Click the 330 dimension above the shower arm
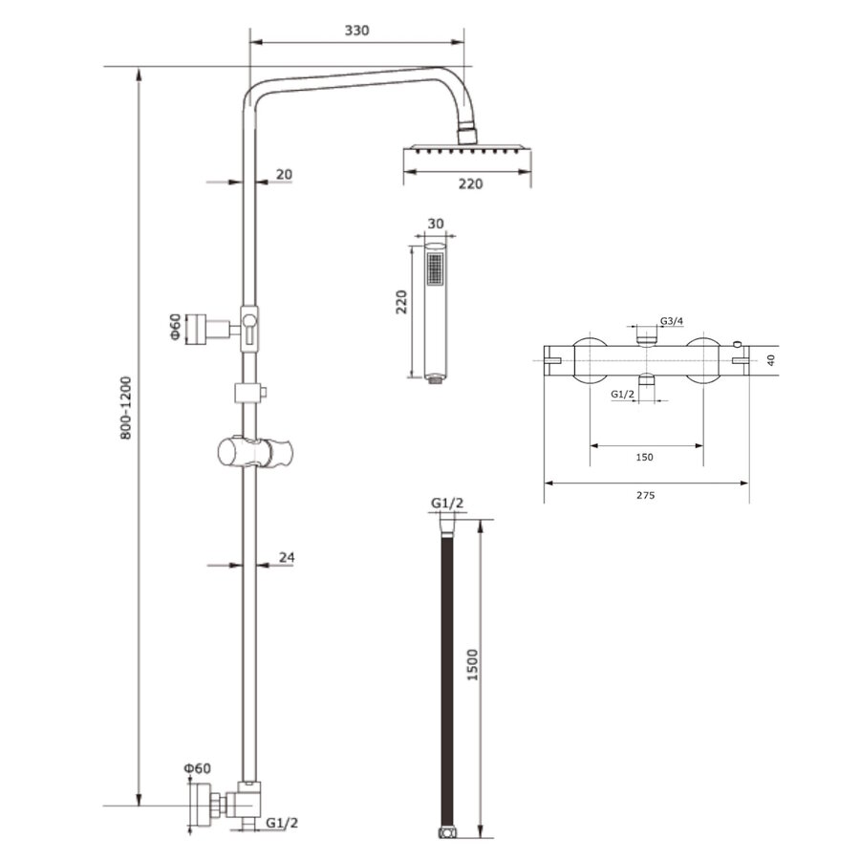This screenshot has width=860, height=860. (356, 31)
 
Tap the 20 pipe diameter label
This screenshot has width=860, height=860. (284, 174)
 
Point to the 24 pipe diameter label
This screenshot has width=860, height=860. (286, 556)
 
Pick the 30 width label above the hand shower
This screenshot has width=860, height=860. (436, 223)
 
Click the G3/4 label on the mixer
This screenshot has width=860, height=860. (671, 321)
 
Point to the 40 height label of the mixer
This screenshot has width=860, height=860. (771, 360)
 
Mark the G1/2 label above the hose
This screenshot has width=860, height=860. (447, 504)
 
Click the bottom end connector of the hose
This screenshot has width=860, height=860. (445, 834)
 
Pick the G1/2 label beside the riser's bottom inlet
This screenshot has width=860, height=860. (282, 823)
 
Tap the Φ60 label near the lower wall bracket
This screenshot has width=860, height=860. (198, 768)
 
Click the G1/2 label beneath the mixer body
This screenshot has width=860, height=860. (623, 394)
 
